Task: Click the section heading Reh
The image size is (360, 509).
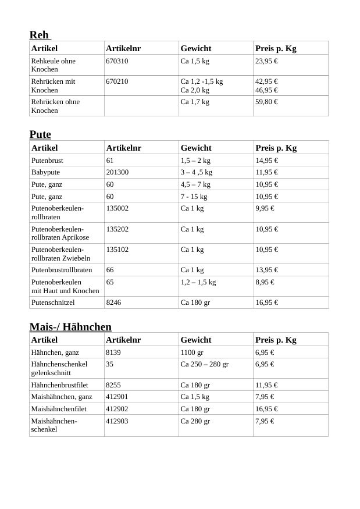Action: click(39, 35)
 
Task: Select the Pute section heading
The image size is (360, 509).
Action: click(40, 134)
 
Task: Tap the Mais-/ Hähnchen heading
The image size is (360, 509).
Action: click(70, 326)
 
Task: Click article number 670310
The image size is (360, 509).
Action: click(117, 61)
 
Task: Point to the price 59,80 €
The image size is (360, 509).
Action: click(266, 102)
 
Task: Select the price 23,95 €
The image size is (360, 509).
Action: click(266, 61)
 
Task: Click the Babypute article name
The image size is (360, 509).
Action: click(45, 172)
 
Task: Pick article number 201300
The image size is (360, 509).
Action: click(117, 172)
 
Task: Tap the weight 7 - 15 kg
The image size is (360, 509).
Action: click(194, 197)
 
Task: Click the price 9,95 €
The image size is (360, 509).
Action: click(265, 208)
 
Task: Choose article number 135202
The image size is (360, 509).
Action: click(117, 229)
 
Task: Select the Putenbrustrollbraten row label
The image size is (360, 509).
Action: click(62, 270)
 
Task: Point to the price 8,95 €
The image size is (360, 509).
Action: click(265, 282)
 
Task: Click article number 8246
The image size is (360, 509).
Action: click(113, 302)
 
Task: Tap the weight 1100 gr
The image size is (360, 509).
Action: click(192, 353)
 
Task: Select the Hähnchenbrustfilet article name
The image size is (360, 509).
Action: click(59, 385)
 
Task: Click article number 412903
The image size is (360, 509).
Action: click(117, 421)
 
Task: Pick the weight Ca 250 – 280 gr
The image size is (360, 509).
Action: click(204, 364)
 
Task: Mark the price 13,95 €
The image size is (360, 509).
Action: click(266, 270)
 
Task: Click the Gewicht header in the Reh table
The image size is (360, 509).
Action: click(195, 48)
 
